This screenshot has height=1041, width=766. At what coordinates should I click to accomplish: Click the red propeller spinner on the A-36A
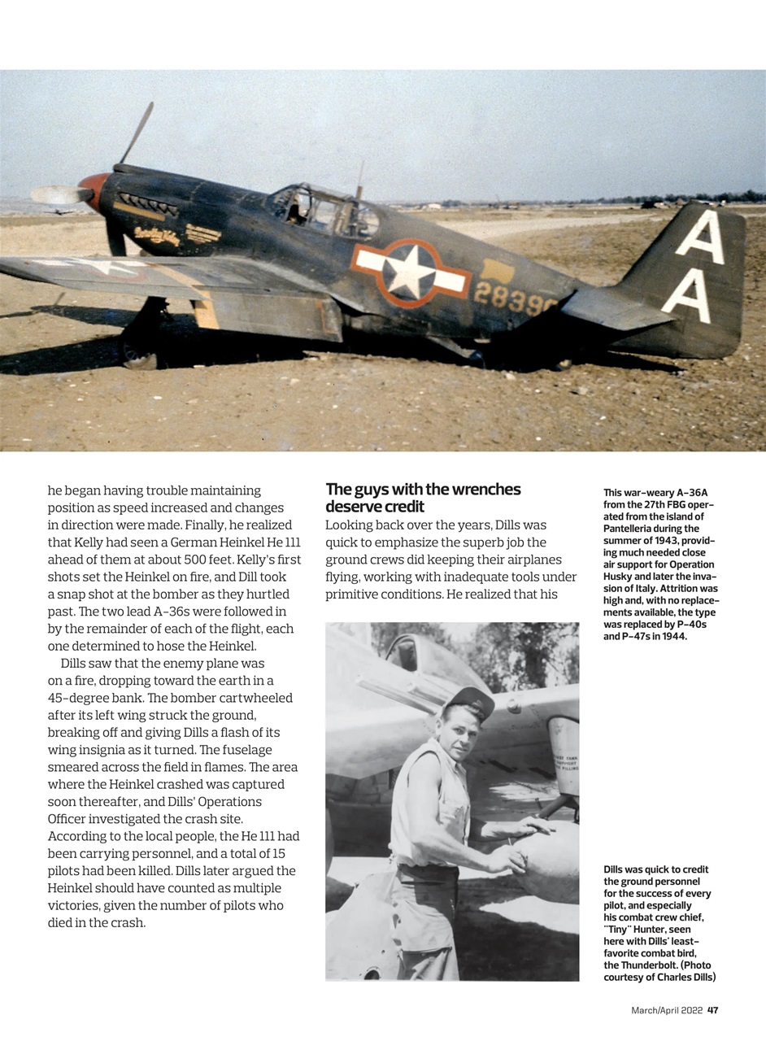tap(93, 190)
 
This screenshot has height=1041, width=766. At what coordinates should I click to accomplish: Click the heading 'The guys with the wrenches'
tap(423, 490)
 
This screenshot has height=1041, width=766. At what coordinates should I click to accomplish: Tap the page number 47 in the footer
tap(712, 1010)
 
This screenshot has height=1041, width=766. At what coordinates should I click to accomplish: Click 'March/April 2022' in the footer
tap(667, 1010)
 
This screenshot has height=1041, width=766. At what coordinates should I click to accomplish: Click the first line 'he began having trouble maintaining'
tap(155, 490)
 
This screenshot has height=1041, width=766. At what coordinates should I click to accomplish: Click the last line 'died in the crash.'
tap(97, 922)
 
